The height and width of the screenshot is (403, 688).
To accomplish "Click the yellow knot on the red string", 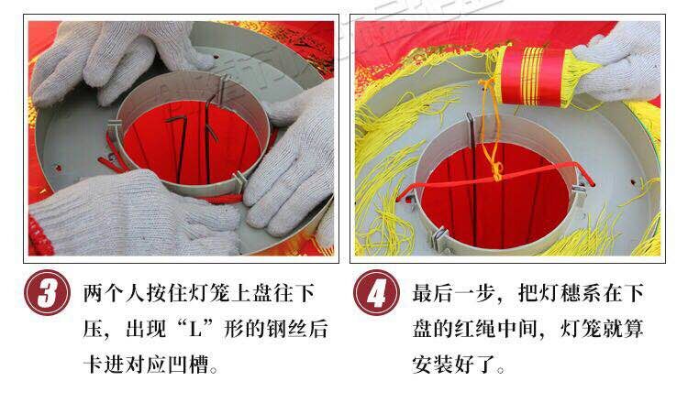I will coord(496,169).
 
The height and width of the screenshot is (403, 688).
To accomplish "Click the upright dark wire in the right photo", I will coord(471,156).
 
